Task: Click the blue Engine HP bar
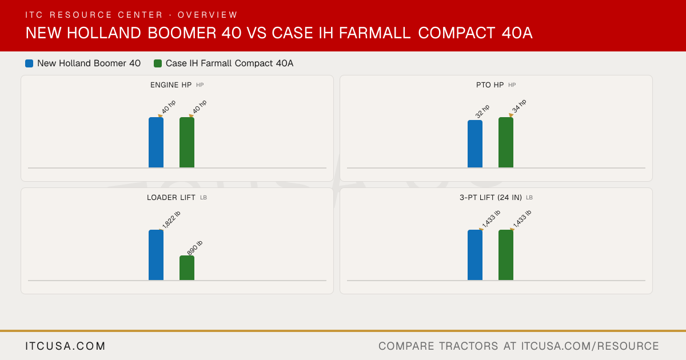coord(156,142)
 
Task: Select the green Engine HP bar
coord(187,142)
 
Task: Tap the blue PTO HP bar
coord(475,144)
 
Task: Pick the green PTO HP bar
coord(506,142)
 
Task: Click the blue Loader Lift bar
coord(156,255)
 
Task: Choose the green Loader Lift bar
coord(187,268)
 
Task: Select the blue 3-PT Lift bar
coord(475,255)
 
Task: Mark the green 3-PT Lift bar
coord(506,255)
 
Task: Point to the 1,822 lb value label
coord(171,220)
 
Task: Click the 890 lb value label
coord(195,248)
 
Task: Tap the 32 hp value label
coord(482,111)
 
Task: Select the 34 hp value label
coord(519,106)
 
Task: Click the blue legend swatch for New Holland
coord(29,63)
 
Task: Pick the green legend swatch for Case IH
coord(158,63)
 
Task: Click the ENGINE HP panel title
coord(171,85)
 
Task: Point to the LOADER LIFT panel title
coord(171,198)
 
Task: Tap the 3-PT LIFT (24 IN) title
coord(490,198)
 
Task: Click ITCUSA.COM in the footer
coord(65,346)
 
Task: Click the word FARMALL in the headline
coord(374,33)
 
